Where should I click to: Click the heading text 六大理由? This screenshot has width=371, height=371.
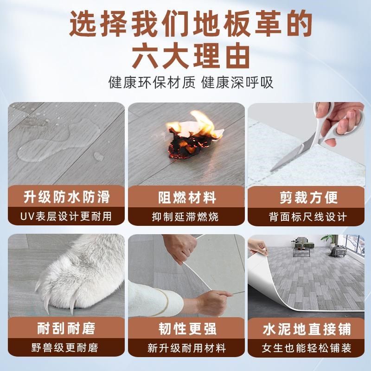185,55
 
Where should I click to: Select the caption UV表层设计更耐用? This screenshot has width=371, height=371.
66,216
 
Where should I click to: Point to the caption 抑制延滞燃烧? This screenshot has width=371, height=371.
185,216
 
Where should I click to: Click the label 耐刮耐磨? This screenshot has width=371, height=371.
66,329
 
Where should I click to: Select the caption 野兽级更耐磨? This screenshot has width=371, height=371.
66,347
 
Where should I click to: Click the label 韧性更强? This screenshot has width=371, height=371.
185,329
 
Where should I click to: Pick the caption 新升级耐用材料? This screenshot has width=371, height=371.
185,347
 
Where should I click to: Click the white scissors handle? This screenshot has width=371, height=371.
325,121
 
